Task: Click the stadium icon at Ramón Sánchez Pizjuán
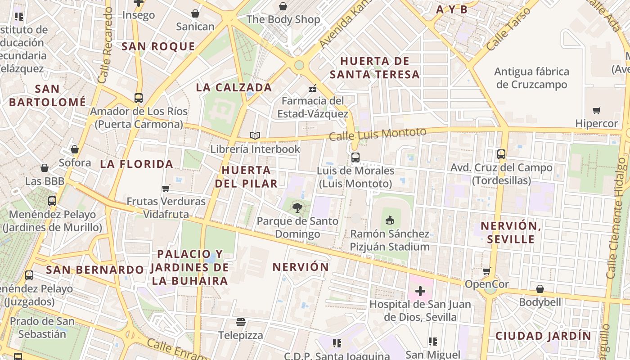[390, 220]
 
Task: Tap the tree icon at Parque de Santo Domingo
[297, 207]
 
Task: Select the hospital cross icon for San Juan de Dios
[420, 291]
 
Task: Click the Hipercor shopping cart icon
[597, 110]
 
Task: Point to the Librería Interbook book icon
[255, 135]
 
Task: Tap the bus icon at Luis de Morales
[355, 157]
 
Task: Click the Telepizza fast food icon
[240, 322]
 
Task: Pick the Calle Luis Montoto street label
[377, 134]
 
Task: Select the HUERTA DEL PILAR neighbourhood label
[246, 177]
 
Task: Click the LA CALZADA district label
[234, 87]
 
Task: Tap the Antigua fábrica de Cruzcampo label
[531, 78]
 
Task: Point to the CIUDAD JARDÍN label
[543, 336]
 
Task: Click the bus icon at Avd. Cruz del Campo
[501, 154]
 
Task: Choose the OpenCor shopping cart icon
[486, 271]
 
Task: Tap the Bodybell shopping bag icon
[540, 288]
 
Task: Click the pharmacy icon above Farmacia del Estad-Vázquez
[312, 88]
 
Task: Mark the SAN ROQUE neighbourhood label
[158, 46]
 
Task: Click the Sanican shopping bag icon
[195, 14]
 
